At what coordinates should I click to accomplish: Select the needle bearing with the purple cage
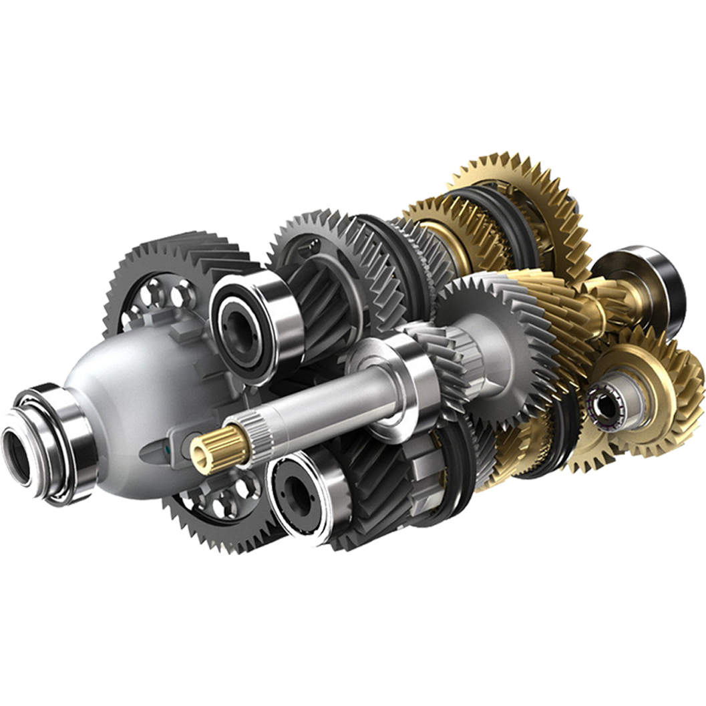(604, 403)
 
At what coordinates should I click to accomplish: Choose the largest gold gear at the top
(528, 200)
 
